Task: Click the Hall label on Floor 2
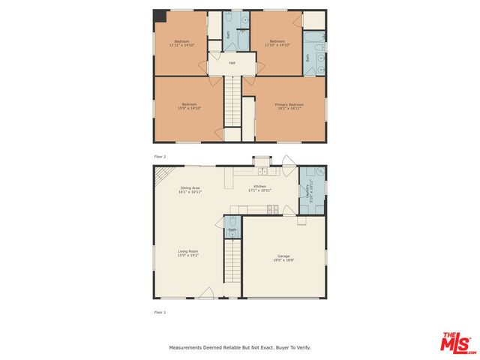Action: (x=232, y=63)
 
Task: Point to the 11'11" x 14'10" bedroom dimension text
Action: (x=182, y=45)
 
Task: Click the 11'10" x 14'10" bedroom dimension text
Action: (x=277, y=45)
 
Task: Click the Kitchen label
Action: (x=259, y=186)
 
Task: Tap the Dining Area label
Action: (x=190, y=188)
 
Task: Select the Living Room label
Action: (x=187, y=251)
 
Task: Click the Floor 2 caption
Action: (x=160, y=156)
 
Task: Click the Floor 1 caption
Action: (x=160, y=311)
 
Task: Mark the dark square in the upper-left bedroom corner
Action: (x=159, y=16)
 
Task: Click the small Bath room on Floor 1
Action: (x=232, y=225)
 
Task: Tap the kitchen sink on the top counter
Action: (x=274, y=172)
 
